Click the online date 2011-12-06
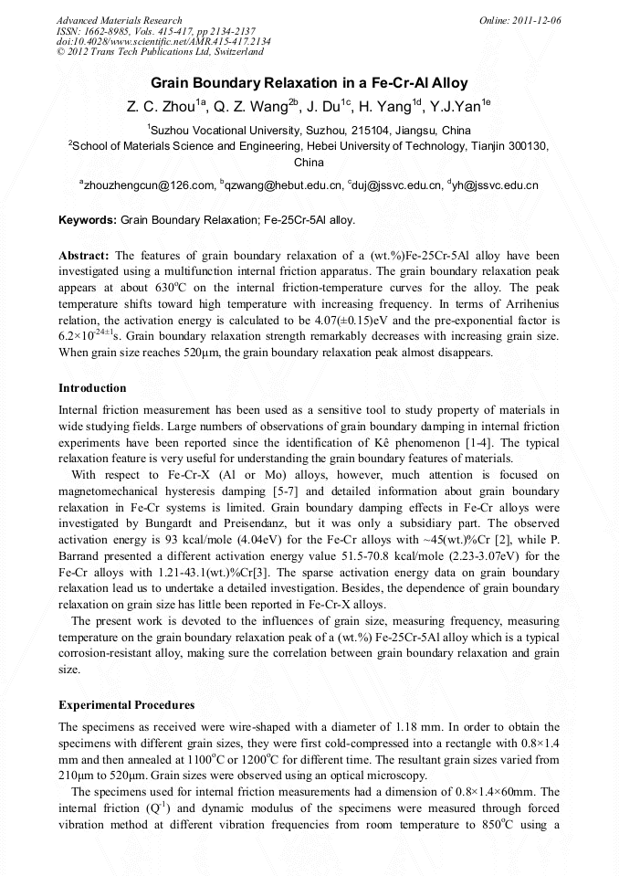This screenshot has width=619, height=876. coord(537,20)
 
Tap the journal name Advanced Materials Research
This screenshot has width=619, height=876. coord(119,20)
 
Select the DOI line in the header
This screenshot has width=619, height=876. coord(163,41)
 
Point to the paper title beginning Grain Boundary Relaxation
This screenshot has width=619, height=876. coord(309,82)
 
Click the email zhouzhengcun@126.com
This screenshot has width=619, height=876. coord(149,185)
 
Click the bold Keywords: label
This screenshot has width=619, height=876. coord(88,220)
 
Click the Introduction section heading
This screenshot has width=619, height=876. coord(92,388)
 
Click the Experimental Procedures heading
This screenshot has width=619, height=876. coord(126,705)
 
